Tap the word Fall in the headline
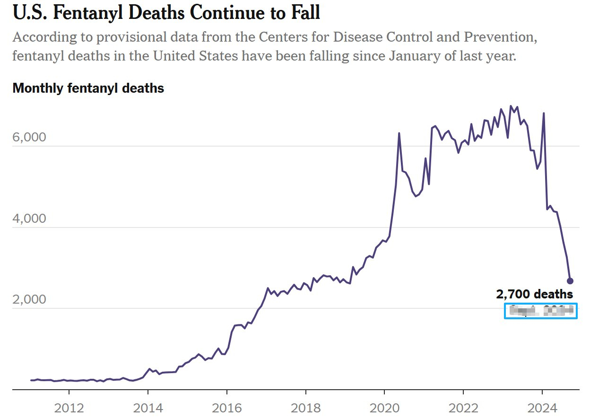click(x=304, y=13)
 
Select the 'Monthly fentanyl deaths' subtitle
click(x=88, y=88)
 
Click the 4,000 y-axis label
click(x=29, y=218)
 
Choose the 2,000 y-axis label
click(x=29, y=300)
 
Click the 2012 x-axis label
click(x=69, y=407)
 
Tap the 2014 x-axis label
click(x=148, y=407)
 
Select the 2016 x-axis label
click(x=227, y=407)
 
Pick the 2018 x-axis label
click(x=306, y=407)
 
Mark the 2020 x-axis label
click(x=384, y=407)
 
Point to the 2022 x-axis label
click(x=463, y=407)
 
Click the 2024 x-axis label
click(x=542, y=407)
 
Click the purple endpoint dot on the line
click(x=570, y=281)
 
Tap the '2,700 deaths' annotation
click(x=534, y=295)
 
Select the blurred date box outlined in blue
click(x=540, y=311)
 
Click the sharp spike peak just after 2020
click(x=399, y=133)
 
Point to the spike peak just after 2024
click(x=544, y=113)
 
